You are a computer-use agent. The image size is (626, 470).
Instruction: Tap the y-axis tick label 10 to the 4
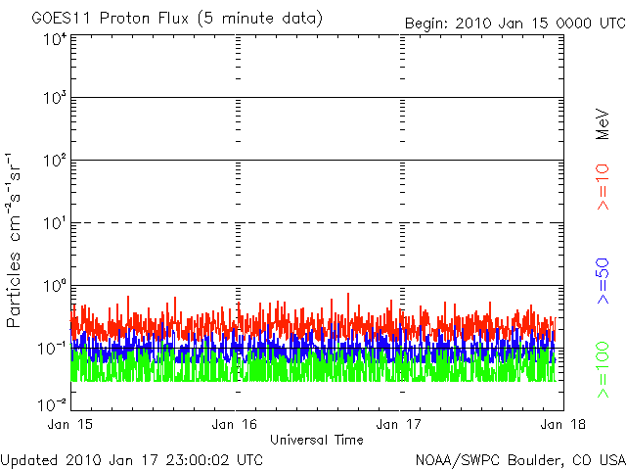coord(54,40)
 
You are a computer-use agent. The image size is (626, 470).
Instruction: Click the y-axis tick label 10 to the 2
coord(54,163)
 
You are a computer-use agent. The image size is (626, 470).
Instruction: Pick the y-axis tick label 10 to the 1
coord(54,225)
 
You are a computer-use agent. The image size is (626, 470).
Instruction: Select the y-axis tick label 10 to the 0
coord(54,287)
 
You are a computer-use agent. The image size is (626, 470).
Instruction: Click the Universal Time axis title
coord(317,440)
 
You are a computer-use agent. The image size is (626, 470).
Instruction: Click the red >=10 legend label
coord(604,187)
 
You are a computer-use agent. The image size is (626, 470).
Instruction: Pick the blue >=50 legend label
coord(604,279)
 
